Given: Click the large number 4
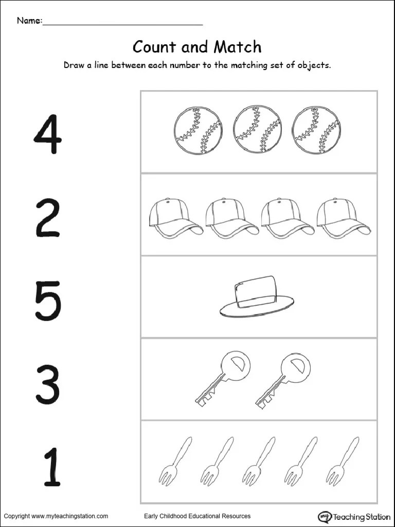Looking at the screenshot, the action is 48,134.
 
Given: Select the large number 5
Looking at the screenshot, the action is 48,300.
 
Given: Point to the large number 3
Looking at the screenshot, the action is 48,385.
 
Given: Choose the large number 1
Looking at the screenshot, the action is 52,467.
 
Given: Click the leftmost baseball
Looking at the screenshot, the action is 198,131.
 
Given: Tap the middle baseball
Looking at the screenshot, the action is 257,130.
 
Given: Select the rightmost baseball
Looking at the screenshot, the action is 316,130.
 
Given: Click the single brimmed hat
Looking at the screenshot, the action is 257,296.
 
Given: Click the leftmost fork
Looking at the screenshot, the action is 175,463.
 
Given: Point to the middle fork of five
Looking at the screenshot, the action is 259,463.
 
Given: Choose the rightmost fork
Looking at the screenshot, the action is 342,463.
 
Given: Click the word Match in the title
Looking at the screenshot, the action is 238,47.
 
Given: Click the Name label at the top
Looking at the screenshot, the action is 29,21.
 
